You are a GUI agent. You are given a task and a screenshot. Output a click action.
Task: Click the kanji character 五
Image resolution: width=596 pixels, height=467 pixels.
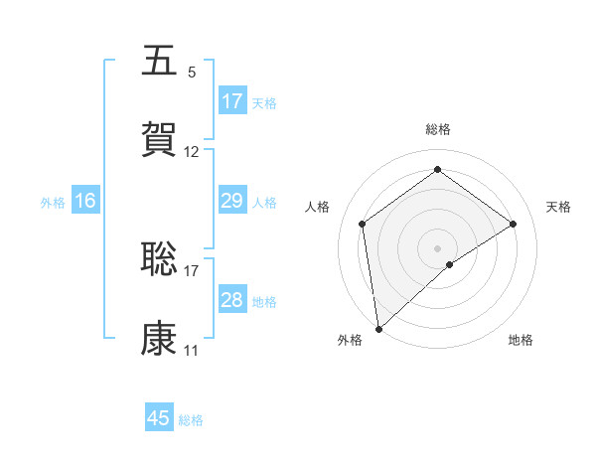[x=159, y=61]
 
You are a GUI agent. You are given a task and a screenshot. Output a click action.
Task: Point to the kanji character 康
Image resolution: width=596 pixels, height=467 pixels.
[x=159, y=339]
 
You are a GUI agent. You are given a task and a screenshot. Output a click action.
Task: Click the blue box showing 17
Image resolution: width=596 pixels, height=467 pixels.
[x=232, y=101]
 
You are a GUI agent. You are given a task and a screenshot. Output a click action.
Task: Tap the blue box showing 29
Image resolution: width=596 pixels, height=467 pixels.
[x=232, y=201]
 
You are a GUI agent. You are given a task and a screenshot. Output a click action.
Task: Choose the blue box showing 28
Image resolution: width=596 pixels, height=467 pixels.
[x=232, y=300]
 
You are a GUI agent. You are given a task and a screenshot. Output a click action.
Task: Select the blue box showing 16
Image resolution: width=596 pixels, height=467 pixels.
[x=85, y=201]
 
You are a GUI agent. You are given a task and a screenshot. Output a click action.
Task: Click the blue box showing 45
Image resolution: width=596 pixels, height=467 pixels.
[x=159, y=418]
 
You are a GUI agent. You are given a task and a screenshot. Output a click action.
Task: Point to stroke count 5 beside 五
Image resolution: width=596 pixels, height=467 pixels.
[x=192, y=73]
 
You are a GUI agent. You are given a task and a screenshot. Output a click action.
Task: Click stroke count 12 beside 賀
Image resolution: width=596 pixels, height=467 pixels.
[x=192, y=152]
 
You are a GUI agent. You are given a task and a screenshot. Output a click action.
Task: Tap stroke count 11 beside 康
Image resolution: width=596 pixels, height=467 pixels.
[x=192, y=351]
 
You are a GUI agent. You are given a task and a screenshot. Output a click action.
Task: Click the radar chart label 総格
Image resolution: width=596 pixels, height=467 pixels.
[x=438, y=129]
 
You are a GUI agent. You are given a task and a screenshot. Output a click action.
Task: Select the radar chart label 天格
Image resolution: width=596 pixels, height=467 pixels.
[x=559, y=207]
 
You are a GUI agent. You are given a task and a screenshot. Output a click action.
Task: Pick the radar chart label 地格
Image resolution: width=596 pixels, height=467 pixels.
[x=521, y=340]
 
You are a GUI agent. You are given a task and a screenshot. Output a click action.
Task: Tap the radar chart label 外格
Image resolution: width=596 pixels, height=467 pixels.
[x=350, y=340]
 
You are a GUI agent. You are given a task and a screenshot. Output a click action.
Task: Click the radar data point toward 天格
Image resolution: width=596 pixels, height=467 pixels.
[x=514, y=224]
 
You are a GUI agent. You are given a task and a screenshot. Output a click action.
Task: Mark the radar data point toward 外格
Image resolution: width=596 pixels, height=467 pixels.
[x=378, y=329]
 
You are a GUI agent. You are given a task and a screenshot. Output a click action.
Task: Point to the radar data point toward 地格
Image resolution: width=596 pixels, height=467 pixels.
[x=450, y=264]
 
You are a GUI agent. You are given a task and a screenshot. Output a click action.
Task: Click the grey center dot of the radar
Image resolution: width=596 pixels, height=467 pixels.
[x=438, y=247]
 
